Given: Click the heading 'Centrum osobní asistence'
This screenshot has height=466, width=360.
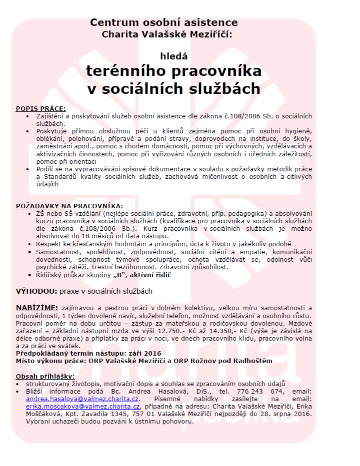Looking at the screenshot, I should click(163, 22).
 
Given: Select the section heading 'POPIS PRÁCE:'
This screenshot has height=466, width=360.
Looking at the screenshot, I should click(41, 108).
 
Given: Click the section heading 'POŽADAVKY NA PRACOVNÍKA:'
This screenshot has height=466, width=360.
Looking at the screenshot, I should click(69, 205).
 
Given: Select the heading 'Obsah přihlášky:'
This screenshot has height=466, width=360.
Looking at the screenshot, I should click(45, 376).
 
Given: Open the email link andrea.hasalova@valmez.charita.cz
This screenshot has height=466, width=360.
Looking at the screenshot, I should click(82, 400).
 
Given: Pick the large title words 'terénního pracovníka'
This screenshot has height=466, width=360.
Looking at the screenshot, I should click(173, 71).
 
